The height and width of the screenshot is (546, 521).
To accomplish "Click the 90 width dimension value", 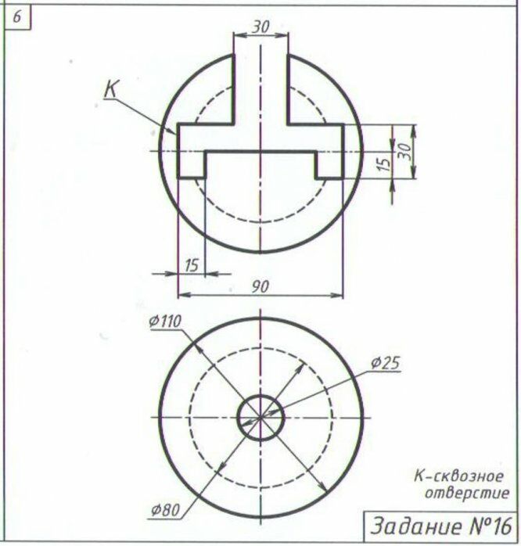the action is (x=260, y=286).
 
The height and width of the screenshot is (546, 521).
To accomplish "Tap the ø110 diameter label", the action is (x=165, y=321).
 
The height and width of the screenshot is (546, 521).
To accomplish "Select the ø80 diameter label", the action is (x=166, y=511).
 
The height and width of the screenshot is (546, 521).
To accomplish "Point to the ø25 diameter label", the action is (x=385, y=363).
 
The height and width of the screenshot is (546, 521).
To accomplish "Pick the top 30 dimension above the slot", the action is (x=260, y=27).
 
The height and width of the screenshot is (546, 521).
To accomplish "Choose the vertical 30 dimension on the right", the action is (x=404, y=150).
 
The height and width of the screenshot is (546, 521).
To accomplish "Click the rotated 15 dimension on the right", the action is (x=383, y=164).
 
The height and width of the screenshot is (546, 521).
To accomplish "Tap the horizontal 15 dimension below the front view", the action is (x=191, y=265).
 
